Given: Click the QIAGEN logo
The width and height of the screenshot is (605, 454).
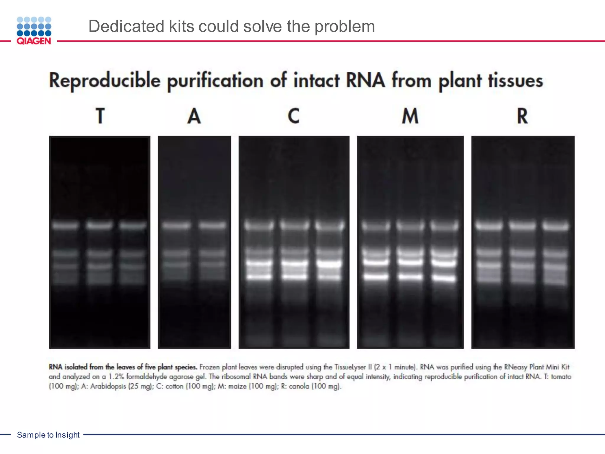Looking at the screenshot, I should pos(34,30).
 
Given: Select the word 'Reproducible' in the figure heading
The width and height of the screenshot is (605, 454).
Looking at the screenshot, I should pos(105,80).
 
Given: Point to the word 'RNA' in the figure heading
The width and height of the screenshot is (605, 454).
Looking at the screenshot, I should pos(365,80).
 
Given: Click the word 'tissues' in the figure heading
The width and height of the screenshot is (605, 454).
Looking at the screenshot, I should pos(515,81).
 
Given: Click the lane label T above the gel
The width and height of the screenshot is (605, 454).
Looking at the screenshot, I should pos(100,116).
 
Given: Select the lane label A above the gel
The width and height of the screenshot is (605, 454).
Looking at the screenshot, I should pos(194,116).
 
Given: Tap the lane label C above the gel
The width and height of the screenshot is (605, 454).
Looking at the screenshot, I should pos(294,116).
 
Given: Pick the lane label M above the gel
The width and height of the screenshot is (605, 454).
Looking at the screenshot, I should pos(410,116).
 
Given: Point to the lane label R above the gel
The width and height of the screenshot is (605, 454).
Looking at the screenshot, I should pos(522,116).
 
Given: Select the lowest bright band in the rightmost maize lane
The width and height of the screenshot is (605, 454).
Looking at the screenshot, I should pos(444,278).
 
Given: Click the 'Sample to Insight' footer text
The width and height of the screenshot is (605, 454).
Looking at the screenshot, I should pos(48,435).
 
